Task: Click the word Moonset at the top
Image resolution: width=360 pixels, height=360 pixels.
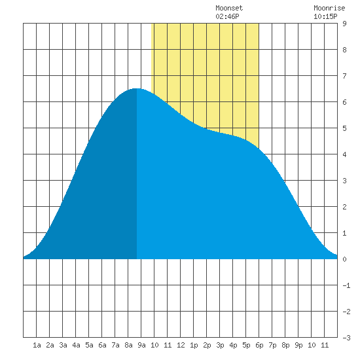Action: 229,9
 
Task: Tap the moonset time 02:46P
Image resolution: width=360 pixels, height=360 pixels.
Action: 227,16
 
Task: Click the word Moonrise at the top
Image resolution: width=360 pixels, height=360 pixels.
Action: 329,9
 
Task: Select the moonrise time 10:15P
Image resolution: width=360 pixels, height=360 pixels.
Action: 325,16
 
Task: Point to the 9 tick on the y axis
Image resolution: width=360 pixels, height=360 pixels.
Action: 344,24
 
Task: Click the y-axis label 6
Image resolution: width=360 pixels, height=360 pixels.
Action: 344,102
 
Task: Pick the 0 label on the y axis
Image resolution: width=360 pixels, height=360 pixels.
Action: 344,259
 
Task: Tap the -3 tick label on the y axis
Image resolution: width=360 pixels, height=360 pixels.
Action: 346,338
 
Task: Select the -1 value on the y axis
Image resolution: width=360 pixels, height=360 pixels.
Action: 346,285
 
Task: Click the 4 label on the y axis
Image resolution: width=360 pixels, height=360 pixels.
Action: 344,154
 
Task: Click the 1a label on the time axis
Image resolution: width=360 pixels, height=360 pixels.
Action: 37,345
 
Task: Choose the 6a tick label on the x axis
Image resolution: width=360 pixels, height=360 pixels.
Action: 102,345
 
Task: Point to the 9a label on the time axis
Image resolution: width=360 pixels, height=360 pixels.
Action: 141,345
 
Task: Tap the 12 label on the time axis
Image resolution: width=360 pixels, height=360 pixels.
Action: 181,345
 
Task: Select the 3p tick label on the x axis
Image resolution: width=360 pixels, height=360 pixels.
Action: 220,345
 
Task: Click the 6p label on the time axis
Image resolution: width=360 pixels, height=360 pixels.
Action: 259,345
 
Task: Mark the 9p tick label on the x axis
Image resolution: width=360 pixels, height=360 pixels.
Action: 298,345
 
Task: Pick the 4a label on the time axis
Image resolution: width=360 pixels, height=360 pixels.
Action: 76,345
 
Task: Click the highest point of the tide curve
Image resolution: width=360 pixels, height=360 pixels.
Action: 137,88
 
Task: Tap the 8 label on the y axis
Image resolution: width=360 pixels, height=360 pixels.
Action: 344,50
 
